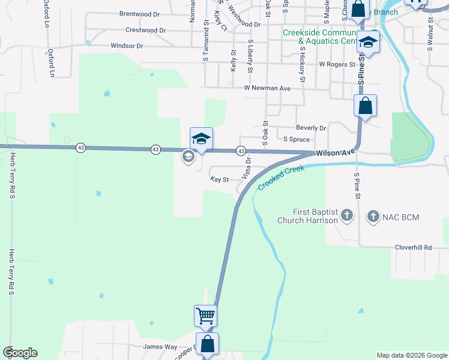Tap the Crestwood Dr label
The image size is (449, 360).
145,30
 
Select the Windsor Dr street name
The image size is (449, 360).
127,46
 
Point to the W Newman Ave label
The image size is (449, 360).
267,88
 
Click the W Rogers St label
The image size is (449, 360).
337,64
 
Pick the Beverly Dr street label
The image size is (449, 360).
311,128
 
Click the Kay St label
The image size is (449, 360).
220,179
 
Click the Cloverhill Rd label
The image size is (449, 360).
413,247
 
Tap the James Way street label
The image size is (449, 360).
160,347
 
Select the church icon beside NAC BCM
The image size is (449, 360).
373,215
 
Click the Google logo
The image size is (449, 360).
20,353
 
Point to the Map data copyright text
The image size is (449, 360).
412,355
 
